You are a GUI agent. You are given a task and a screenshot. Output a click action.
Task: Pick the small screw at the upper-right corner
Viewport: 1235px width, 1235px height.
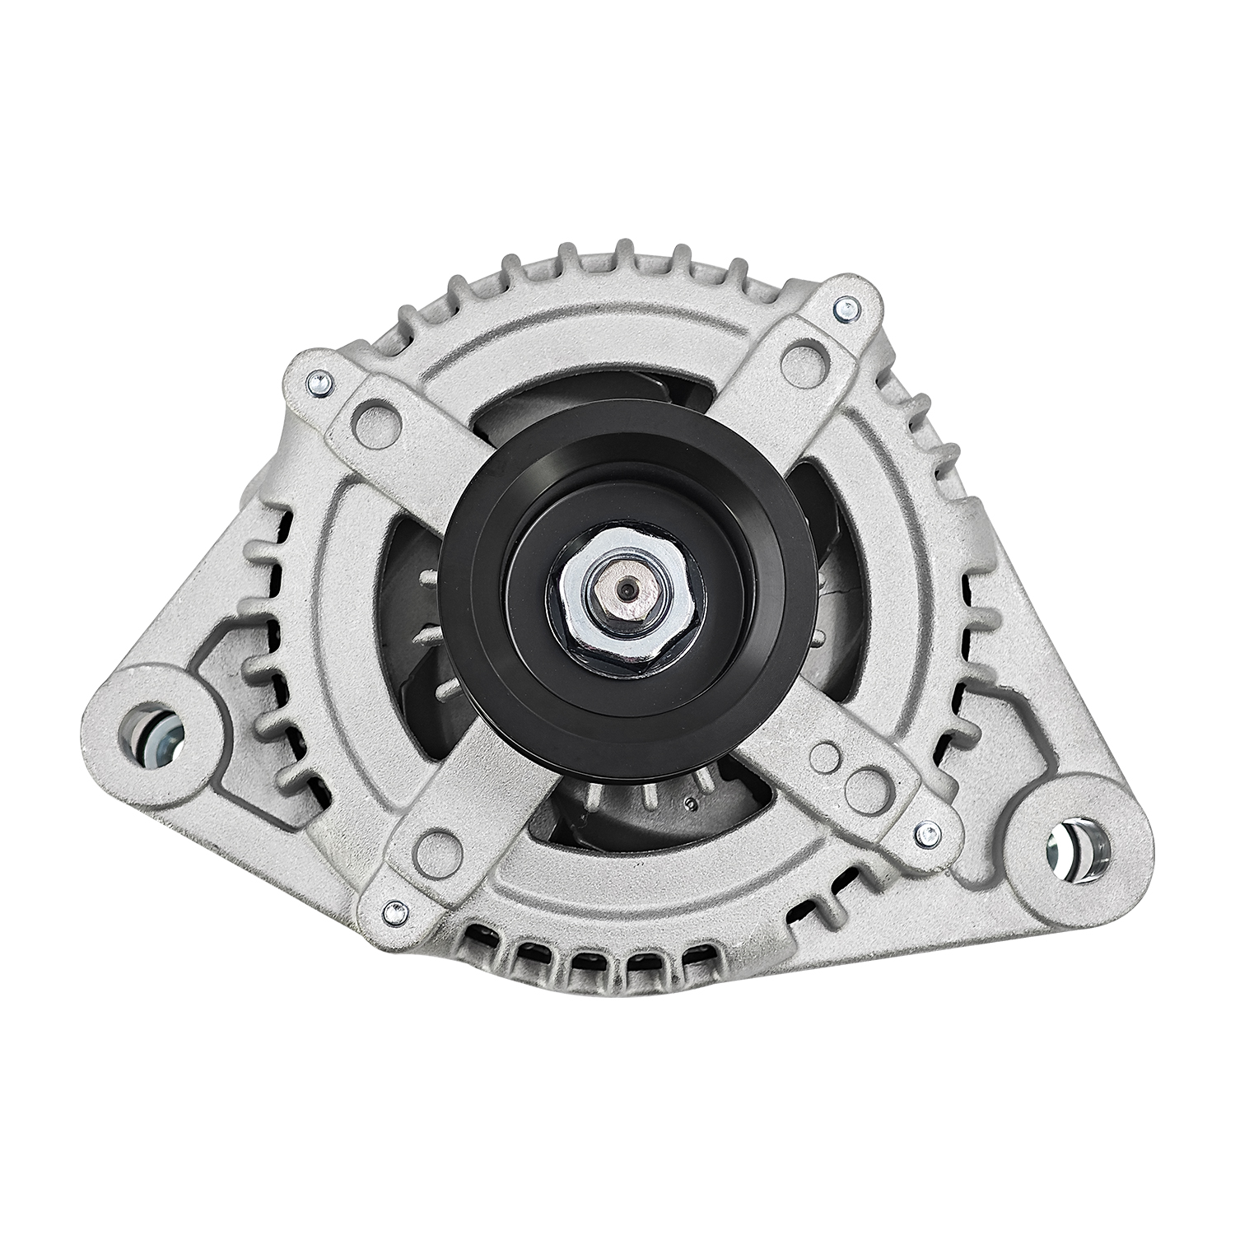click(x=844, y=310)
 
